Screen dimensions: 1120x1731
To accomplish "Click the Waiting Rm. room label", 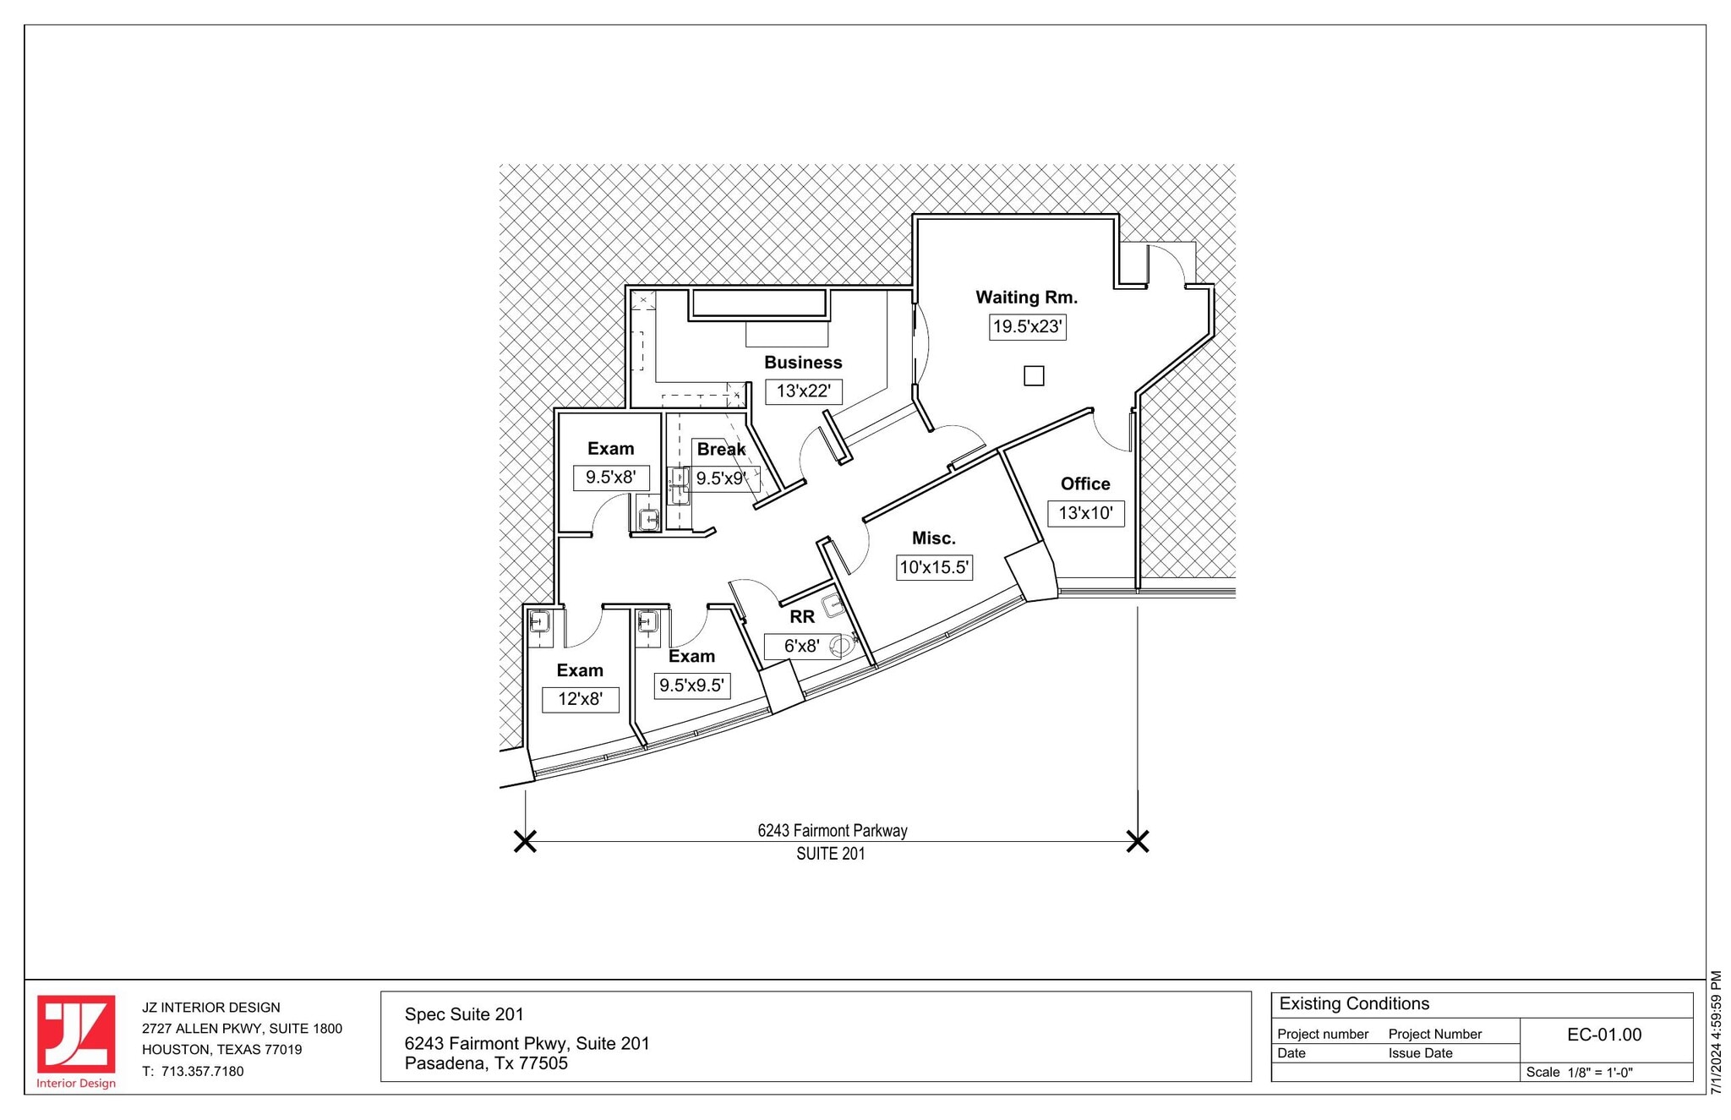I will click(1026, 298).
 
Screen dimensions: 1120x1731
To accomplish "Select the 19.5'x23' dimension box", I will click(1027, 327).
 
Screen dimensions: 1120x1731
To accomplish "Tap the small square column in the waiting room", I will click(1034, 376).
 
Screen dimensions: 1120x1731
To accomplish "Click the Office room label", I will click(1085, 484).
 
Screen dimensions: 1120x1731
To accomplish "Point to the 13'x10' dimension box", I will click(1086, 513).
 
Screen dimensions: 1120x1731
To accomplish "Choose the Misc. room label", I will click(933, 538).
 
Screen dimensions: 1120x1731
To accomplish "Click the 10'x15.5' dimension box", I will click(934, 567).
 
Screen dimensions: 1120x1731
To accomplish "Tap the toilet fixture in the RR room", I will click(841, 647).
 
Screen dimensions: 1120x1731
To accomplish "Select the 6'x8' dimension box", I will click(801, 647).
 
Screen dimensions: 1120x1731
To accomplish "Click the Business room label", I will click(803, 363).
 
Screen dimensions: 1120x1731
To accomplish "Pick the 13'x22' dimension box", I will click(803, 391).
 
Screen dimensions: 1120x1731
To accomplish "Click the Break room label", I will click(721, 450).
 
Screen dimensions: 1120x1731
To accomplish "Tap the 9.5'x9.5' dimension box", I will click(692, 686).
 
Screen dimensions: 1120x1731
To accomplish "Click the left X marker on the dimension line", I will click(525, 842).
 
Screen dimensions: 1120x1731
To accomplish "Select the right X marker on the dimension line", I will click(1138, 842).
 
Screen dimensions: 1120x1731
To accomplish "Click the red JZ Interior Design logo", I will click(76, 1037).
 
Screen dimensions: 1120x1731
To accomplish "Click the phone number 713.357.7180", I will click(202, 1072).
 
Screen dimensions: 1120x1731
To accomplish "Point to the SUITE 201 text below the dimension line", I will click(830, 855).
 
